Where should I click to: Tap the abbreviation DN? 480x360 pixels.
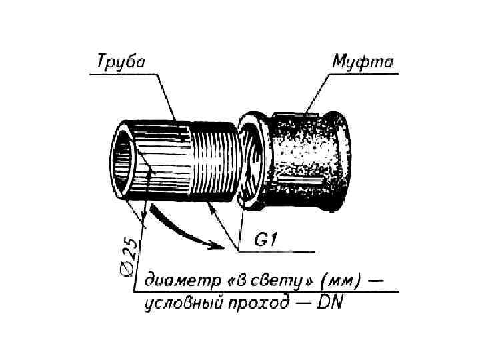[x=329, y=303]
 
